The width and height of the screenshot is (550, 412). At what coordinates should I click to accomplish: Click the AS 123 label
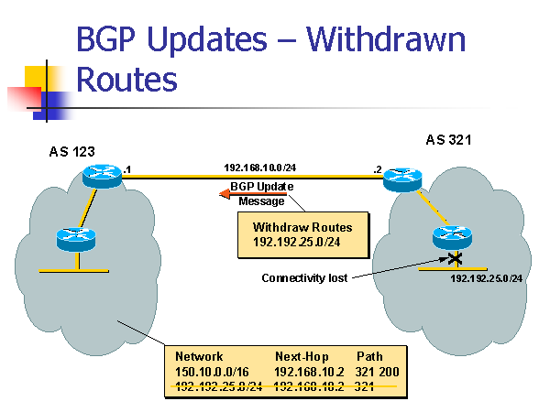tap(71, 151)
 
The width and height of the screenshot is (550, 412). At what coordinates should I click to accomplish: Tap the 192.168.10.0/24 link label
tap(259, 168)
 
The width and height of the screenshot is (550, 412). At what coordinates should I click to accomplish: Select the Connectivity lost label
tap(304, 277)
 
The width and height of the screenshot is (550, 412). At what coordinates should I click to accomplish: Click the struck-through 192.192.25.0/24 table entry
tap(218, 386)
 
